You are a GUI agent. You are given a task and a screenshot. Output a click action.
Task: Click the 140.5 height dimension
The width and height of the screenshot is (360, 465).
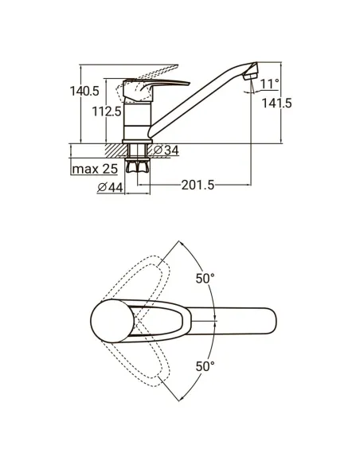[x=84, y=91]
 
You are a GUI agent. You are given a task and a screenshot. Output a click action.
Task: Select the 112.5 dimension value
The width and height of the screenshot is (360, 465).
[x=107, y=111]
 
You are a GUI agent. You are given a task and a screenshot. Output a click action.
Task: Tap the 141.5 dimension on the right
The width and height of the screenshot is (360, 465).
[x=276, y=104]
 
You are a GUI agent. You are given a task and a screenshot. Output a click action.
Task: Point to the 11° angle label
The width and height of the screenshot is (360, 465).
[x=269, y=84]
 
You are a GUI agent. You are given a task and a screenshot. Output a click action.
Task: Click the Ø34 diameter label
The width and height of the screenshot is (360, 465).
[x=166, y=150]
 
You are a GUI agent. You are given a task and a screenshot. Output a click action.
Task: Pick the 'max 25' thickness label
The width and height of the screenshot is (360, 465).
[x=95, y=169]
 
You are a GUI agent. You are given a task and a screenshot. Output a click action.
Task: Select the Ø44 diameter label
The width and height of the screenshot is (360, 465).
[x=110, y=187]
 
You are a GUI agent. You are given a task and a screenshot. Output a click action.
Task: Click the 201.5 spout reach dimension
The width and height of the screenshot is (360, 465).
[x=198, y=186]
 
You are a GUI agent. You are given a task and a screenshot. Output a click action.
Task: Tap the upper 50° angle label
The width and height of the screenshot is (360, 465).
[x=205, y=279]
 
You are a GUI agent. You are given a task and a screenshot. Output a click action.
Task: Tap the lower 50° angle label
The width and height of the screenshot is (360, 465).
[x=205, y=366]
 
